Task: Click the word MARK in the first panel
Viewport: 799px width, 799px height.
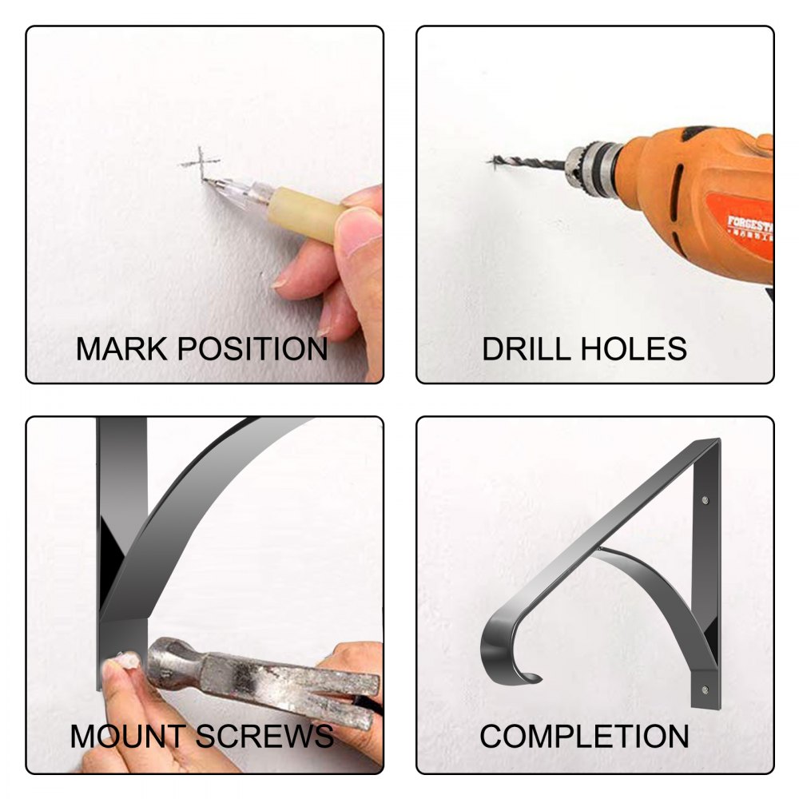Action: (121, 349)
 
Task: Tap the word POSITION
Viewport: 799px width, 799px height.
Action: (252, 349)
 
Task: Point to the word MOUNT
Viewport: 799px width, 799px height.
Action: (128, 737)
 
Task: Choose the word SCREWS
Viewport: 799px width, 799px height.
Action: (264, 737)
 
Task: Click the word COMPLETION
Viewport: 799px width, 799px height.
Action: (584, 737)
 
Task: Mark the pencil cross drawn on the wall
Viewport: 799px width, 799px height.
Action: (201, 162)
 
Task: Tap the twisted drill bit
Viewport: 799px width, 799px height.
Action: (527, 162)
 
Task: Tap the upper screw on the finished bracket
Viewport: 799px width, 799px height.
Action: (705, 500)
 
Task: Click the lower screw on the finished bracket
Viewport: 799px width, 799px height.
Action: (705, 690)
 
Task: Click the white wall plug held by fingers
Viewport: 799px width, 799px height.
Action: (125, 661)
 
